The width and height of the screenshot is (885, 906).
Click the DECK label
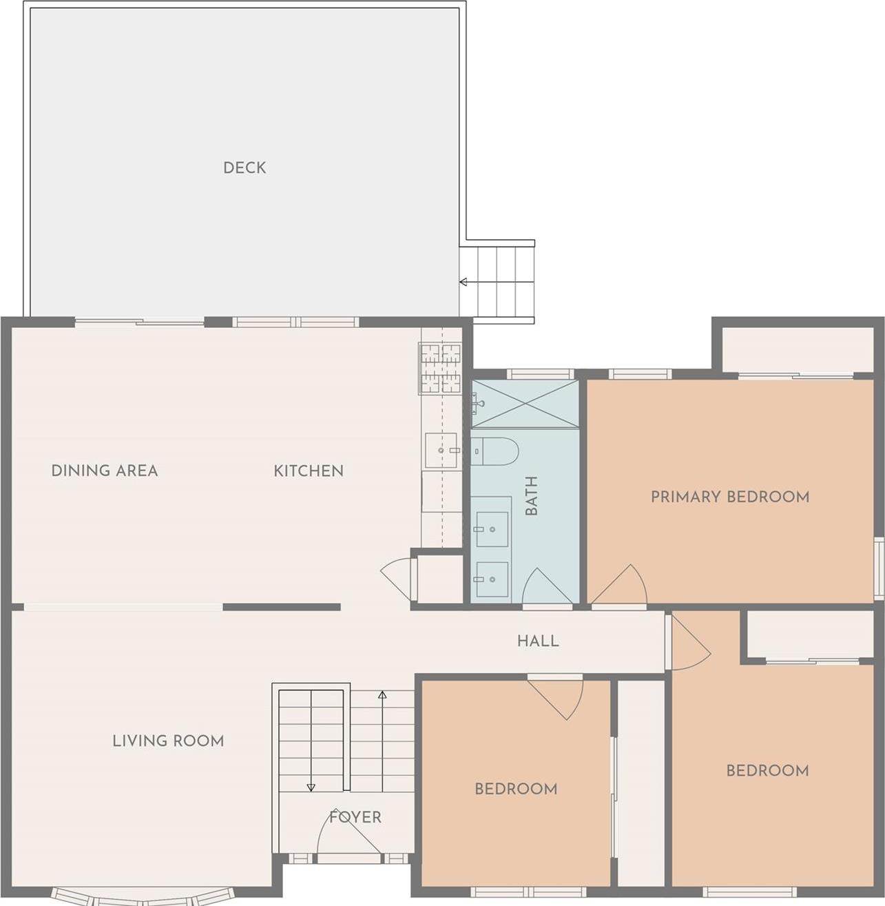(x=244, y=167)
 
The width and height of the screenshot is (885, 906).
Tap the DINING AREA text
(x=105, y=471)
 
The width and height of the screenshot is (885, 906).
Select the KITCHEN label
(x=308, y=471)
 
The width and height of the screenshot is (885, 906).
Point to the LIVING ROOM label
(x=168, y=741)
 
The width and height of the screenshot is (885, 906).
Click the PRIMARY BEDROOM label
(x=730, y=496)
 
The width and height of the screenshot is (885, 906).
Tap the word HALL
(x=538, y=641)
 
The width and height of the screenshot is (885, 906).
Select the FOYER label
(x=355, y=817)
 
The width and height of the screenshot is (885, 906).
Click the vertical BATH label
(x=531, y=496)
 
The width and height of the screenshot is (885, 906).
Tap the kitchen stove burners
(x=440, y=369)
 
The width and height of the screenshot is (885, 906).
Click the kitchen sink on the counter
(x=441, y=451)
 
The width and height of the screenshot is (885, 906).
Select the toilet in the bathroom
(x=494, y=451)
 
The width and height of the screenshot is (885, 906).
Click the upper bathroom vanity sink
(x=492, y=529)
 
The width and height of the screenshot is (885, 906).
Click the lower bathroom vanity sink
(x=492, y=579)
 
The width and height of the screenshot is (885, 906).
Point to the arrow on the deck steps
(x=464, y=282)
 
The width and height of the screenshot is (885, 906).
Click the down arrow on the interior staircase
(x=311, y=787)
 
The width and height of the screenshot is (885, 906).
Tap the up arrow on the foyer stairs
(x=382, y=694)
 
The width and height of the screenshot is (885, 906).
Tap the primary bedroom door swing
(x=621, y=588)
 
